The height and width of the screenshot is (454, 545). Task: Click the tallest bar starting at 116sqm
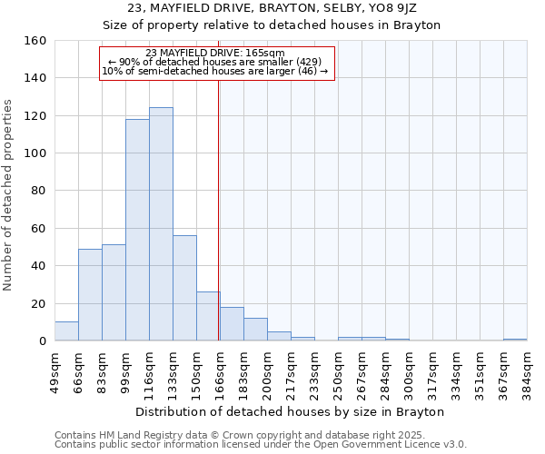pos(161,224)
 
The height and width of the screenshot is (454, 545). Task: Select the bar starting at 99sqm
pos(137,230)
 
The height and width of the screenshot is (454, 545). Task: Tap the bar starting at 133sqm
pos(184,288)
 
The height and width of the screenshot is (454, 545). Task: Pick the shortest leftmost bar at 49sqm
pos(66,331)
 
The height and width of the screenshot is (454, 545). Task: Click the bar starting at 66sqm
pos(90,294)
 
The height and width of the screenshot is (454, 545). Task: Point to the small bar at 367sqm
pos(515,340)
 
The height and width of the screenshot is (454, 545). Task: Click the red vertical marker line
pos(219,209)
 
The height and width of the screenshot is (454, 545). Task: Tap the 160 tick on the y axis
pos(35,41)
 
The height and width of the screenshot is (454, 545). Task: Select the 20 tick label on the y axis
pos(38,303)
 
